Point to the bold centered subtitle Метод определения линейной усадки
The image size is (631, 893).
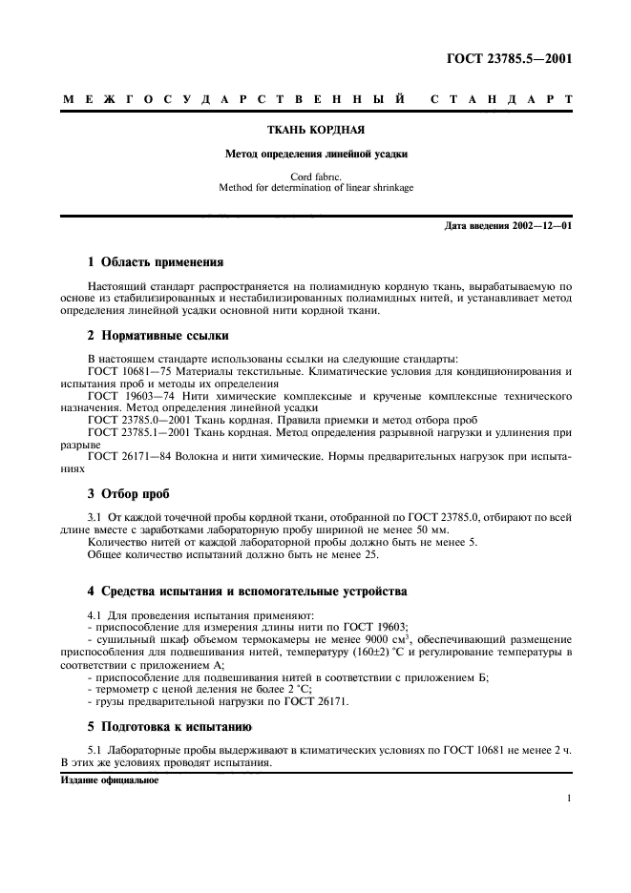coord(314,153)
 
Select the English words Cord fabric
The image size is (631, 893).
coord(315,177)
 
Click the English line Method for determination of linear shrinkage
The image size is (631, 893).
coord(315,188)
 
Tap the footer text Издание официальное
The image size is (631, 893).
coord(110,779)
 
